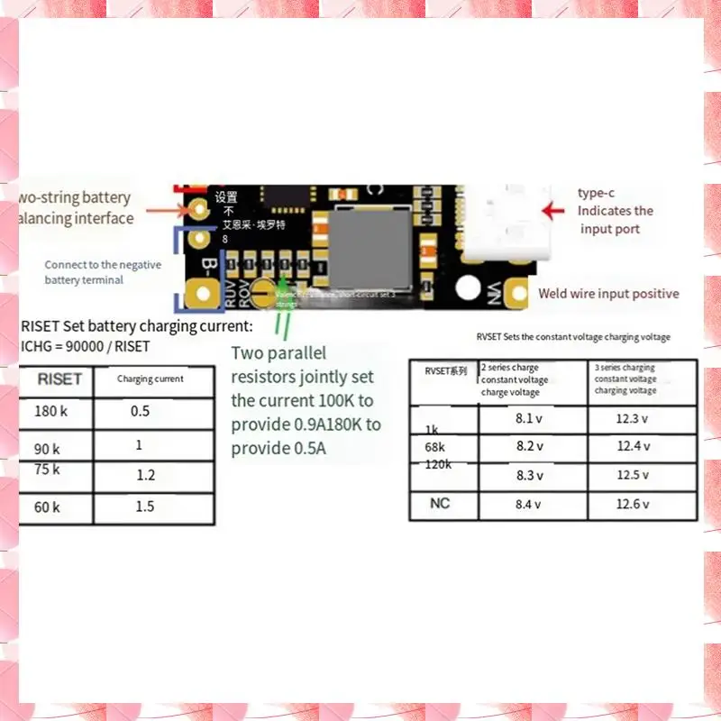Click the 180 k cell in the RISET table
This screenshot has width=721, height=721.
[51, 412]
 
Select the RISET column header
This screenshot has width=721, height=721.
[59, 379]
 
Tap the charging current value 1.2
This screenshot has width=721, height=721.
[146, 475]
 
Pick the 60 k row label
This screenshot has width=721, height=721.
[48, 507]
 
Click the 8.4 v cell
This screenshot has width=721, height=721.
[528, 505]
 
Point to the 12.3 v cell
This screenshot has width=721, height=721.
[634, 419]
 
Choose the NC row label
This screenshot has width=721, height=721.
[439, 504]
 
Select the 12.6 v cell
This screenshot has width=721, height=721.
[633, 505]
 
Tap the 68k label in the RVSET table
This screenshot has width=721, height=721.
[434, 446]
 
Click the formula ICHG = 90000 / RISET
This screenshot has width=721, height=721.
[85, 346]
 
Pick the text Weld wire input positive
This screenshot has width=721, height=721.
[608, 294]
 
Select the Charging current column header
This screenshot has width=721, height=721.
[151, 379]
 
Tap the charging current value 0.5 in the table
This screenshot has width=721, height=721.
[140, 412]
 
